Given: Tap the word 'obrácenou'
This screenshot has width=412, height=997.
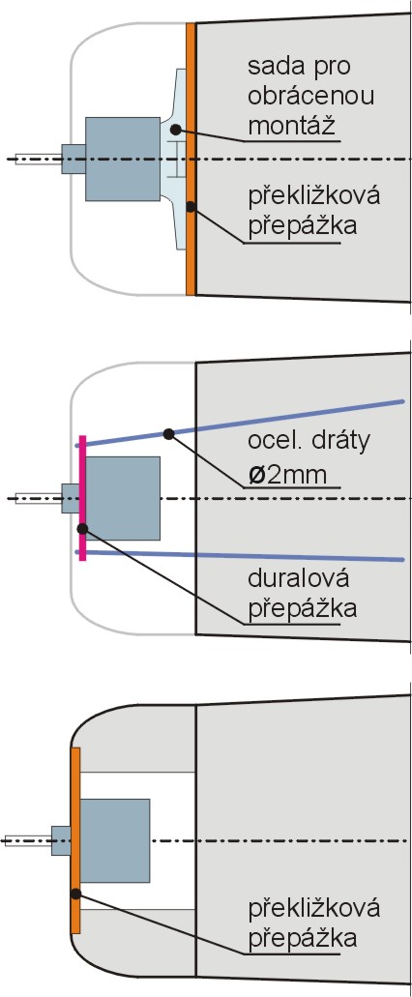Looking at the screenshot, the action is (310, 96).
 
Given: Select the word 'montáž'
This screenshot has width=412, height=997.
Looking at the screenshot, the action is (291, 126).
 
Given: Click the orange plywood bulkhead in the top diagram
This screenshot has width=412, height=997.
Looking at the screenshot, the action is (191, 159).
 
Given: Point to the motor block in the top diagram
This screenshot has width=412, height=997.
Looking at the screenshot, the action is (123, 159).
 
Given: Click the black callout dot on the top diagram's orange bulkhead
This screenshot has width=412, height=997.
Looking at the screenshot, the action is (191, 207).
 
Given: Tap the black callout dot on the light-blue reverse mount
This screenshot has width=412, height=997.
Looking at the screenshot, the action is (175, 129).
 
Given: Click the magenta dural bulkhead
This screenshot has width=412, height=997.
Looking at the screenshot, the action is (82, 498).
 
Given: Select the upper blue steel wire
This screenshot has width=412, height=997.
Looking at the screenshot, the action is (240, 423).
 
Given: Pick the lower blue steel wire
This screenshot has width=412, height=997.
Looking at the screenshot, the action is (240, 556).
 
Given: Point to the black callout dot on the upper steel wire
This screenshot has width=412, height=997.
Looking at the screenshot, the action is (168, 433).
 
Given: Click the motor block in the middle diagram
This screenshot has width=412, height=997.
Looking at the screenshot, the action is (123, 498).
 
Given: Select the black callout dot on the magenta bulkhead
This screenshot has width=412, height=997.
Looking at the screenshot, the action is (82, 528).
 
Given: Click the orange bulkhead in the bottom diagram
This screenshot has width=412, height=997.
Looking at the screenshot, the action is (75, 840).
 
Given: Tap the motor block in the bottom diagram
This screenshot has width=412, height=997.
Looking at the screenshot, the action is (115, 840).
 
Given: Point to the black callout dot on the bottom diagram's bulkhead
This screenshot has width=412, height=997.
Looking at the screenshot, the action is (75, 894).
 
